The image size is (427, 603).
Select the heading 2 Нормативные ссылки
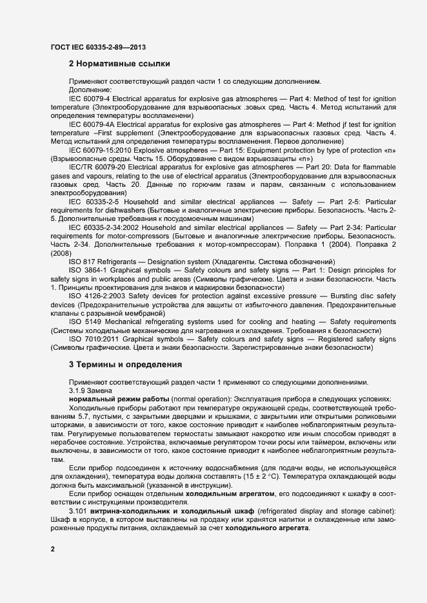click(x=119, y=64)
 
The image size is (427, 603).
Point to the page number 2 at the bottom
click(x=53, y=549)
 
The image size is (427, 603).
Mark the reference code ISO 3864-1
click(x=86, y=270)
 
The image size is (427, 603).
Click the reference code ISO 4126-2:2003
click(x=97, y=296)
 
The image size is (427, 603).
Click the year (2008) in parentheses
click(x=60, y=253)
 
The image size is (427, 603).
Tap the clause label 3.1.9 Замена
click(x=91, y=390)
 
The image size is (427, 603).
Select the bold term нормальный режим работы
click(x=117, y=399)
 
